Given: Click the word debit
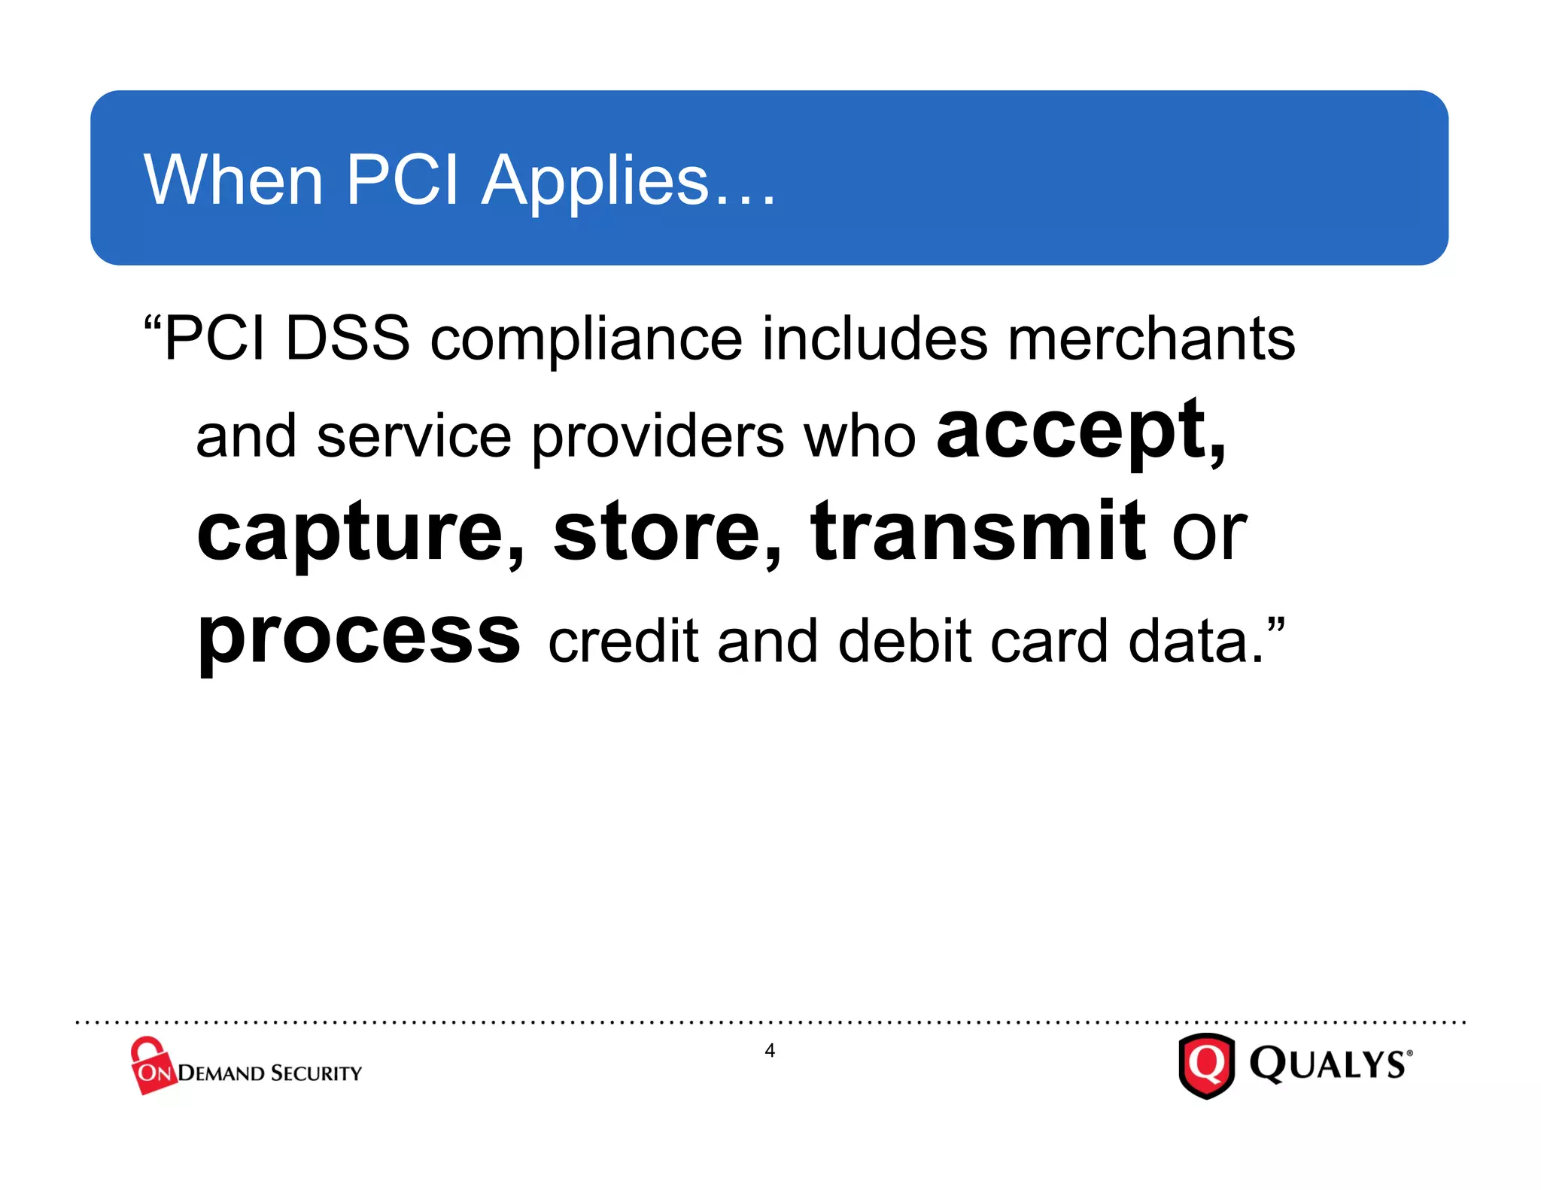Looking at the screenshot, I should (x=905, y=641).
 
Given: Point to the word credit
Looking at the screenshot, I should (x=624, y=641).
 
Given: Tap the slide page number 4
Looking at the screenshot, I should (x=770, y=1050).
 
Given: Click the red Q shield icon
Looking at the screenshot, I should (x=1206, y=1065).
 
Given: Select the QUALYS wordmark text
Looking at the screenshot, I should (x=1329, y=1064).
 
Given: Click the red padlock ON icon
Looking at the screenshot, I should (x=152, y=1066).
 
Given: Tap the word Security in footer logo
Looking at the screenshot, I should (x=316, y=1073).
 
